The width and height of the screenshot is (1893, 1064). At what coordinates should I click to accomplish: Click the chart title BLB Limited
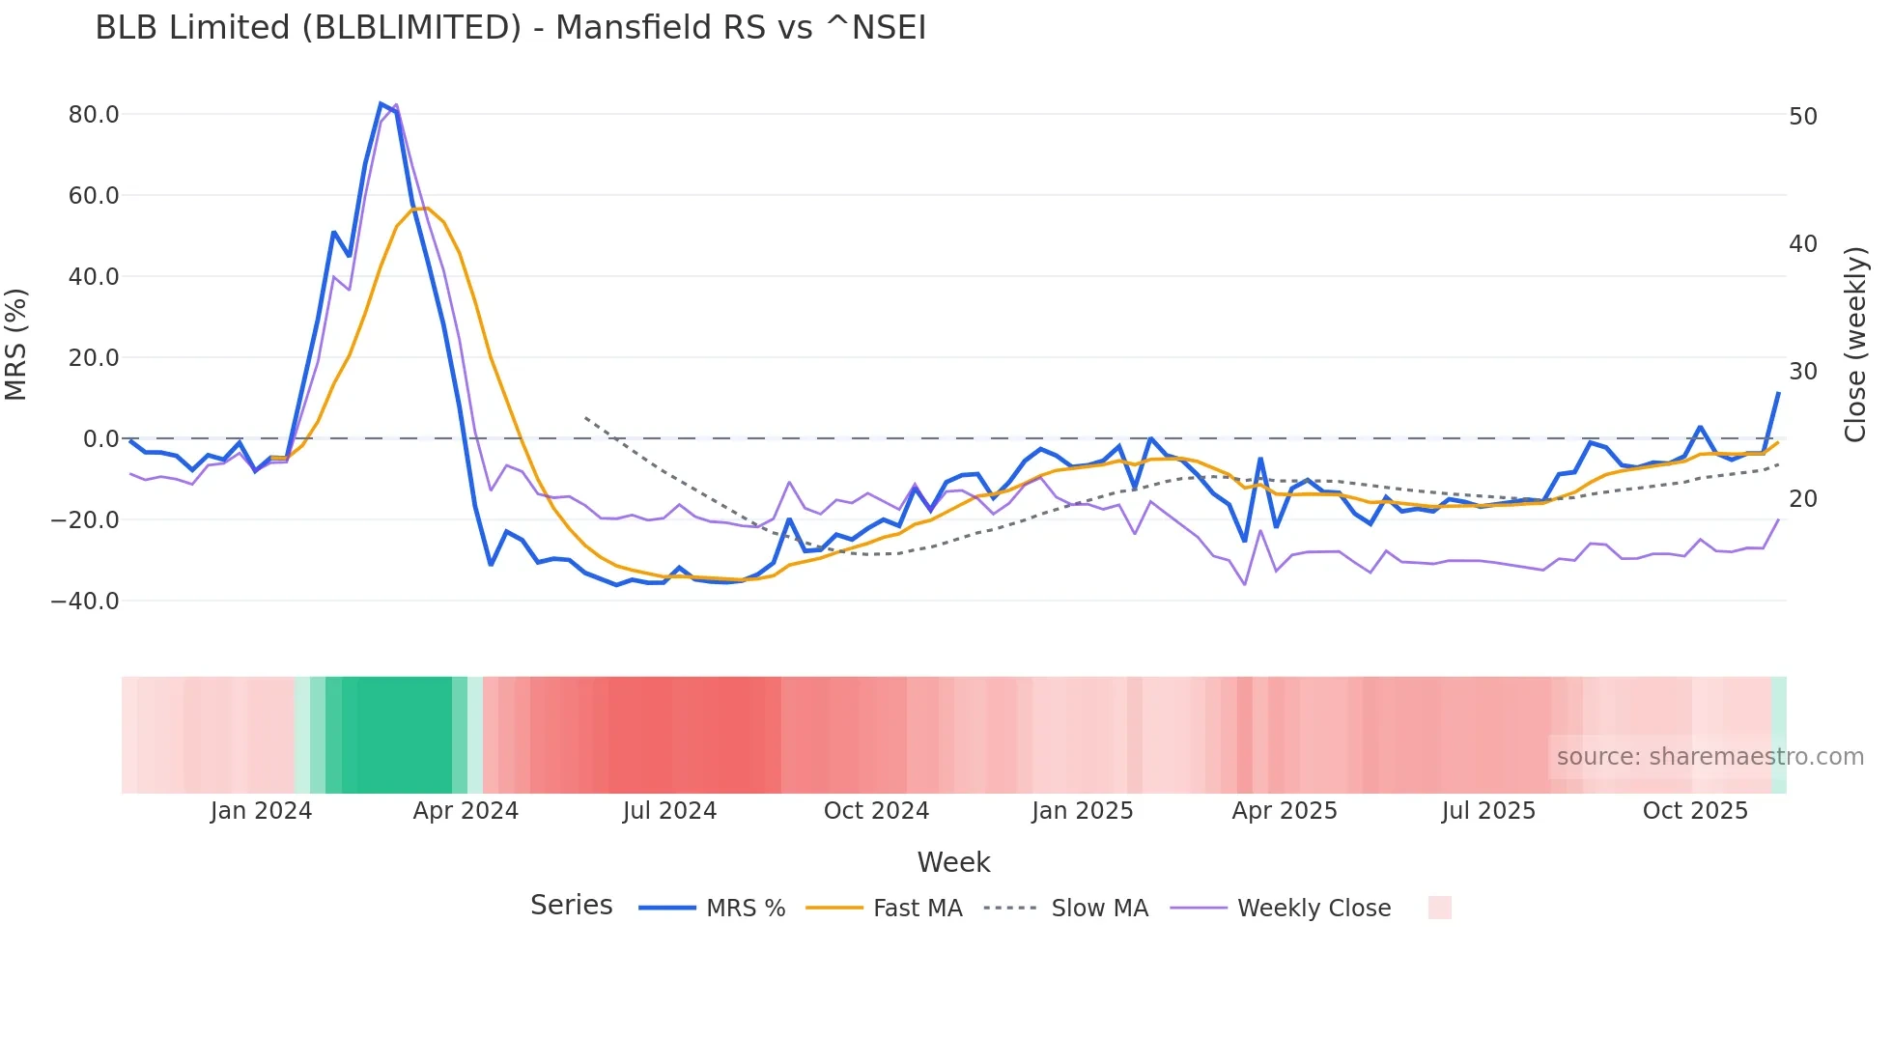510,28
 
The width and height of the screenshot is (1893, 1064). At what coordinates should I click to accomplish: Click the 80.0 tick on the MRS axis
94,115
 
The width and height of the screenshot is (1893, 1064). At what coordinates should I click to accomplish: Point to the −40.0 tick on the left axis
86,602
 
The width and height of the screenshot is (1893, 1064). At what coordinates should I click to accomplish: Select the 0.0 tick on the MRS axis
101,439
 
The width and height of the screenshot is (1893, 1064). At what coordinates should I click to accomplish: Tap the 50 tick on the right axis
1802,117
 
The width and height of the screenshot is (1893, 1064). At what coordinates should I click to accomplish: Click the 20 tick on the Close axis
1802,499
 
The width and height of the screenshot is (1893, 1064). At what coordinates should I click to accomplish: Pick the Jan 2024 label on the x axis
261,811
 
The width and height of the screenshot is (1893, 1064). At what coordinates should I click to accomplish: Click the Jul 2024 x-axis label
669,811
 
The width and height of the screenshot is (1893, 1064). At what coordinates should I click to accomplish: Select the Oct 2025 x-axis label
1695,811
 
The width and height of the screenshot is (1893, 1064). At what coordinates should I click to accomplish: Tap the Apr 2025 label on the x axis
1285,811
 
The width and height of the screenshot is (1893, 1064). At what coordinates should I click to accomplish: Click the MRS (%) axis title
16,344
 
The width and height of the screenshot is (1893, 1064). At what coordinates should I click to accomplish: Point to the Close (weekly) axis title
1854,344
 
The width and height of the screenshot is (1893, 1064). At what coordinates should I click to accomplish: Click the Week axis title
953,862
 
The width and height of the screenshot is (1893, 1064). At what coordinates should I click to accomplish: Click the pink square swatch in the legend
1439,908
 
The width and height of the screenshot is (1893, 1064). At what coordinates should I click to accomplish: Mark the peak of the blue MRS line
381,103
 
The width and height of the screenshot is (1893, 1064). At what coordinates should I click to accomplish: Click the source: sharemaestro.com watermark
1709,757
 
